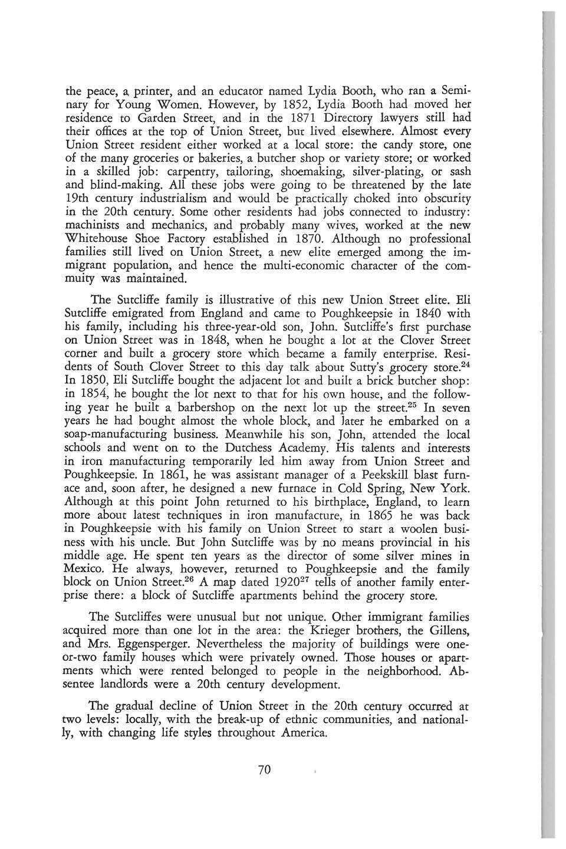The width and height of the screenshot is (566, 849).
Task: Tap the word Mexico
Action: pyautogui.click(x=85, y=570)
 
